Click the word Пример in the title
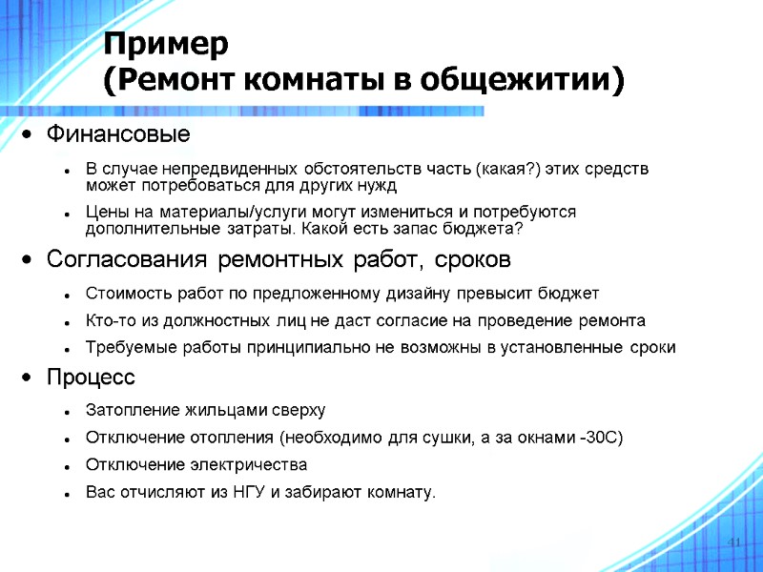[x=166, y=44]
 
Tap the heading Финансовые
[x=118, y=133]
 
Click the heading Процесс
[x=92, y=378]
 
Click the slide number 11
[x=734, y=542]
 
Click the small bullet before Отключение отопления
[x=62, y=439]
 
